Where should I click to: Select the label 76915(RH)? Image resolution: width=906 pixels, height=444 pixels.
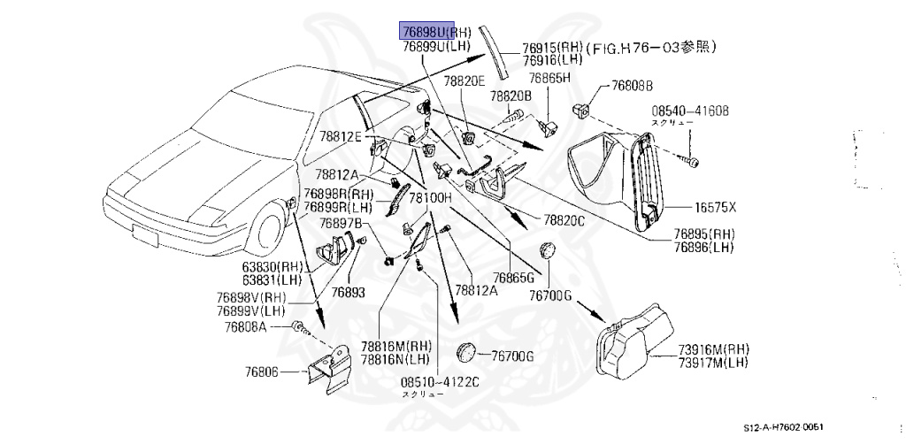(x=553, y=48)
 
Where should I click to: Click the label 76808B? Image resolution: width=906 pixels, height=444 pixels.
(x=632, y=86)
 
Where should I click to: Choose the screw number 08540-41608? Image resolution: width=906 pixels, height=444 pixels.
(x=690, y=111)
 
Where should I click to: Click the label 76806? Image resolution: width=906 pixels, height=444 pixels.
(x=263, y=372)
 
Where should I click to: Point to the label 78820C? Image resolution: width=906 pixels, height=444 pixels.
(x=564, y=218)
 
